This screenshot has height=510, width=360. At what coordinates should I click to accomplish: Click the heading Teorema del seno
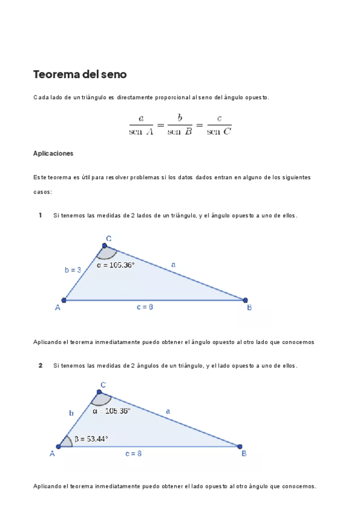click(80, 75)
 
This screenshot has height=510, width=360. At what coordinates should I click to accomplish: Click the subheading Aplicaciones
click(53, 153)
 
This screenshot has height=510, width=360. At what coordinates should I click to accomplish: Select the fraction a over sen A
click(141, 126)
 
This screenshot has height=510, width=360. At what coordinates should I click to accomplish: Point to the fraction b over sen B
click(180, 126)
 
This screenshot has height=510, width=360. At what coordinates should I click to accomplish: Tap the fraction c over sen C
click(219, 126)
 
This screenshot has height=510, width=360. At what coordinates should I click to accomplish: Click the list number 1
click(40, 215)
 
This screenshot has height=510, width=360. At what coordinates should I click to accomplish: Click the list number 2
click(40, 365)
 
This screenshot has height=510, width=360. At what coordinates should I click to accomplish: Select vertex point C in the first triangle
click(105, 245)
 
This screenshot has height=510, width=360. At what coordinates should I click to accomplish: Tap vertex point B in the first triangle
click(245, 300)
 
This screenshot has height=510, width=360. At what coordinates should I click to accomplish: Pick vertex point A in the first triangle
click(64, 300)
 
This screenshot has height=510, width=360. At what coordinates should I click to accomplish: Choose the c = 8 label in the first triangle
click(145, 307)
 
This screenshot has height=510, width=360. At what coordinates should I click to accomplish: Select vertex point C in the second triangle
click(99, 392)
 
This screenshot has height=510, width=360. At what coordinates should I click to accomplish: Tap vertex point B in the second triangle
click(240, 446)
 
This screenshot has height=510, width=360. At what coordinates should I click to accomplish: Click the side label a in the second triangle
click(168, 411)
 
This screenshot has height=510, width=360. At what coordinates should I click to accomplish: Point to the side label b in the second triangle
click(71, 413)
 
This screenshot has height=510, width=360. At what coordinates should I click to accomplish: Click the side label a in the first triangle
click(174, 264)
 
